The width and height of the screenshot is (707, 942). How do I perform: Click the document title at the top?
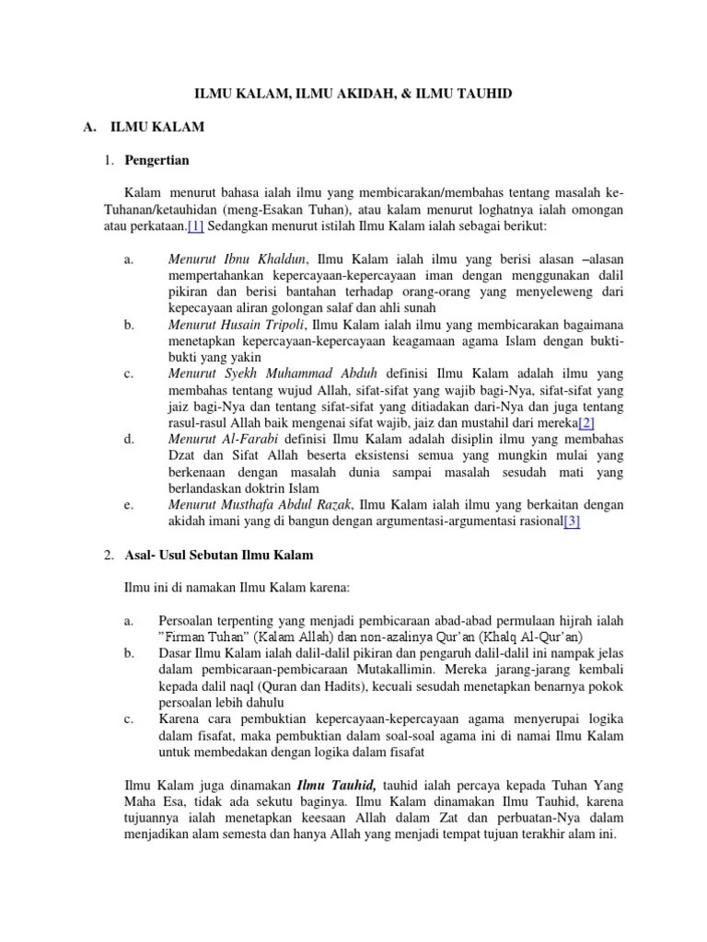353,94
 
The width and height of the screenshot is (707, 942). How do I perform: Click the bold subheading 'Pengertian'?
156,160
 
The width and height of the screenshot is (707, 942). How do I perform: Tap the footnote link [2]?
586,422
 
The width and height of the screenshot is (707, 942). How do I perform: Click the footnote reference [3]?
572,522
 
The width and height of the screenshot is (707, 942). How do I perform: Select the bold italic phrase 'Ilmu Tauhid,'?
336,785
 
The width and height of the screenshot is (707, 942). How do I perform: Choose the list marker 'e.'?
128,505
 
